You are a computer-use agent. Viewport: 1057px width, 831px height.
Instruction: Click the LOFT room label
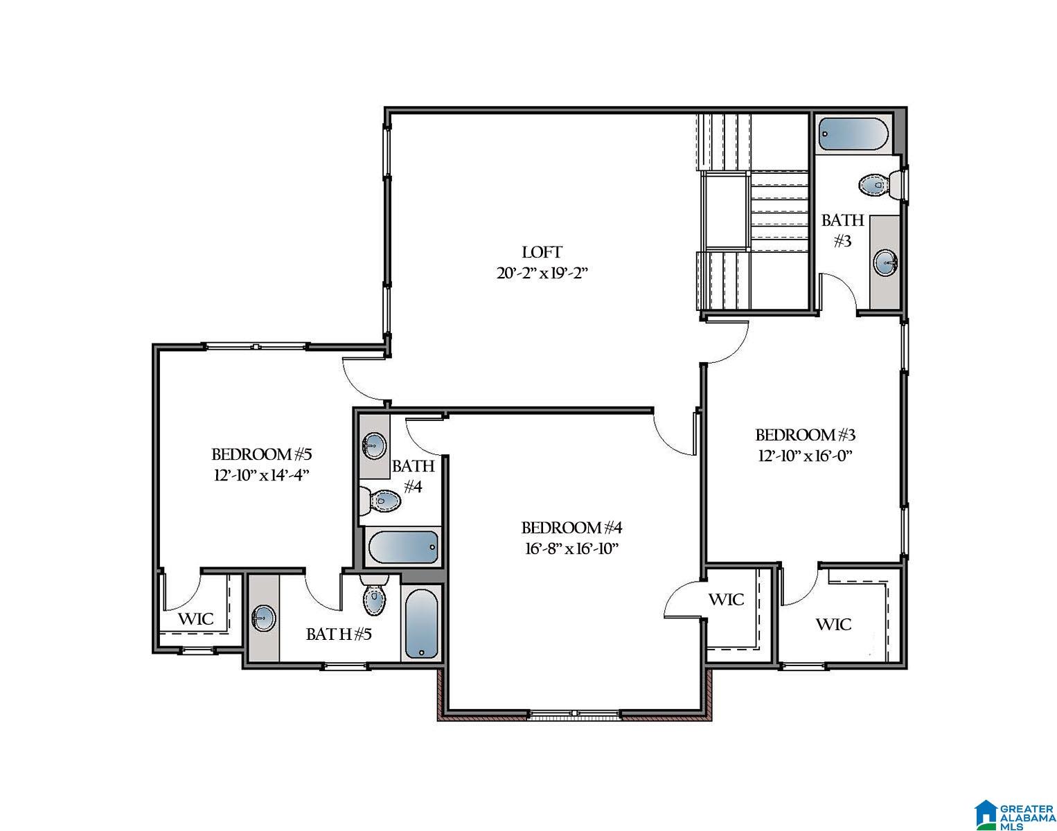pos(542,252)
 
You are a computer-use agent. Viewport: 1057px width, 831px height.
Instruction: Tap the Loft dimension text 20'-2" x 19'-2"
pos(542,273)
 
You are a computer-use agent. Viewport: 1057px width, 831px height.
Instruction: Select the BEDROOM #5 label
pos(262,455)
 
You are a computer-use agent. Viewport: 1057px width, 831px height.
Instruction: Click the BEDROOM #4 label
pos(571,528)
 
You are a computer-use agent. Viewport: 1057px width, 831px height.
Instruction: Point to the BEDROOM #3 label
pos(805,435)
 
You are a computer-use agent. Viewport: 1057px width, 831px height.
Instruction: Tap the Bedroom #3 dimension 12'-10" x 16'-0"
pos(805,456)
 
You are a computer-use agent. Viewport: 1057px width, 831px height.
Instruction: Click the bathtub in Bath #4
pos(403,548)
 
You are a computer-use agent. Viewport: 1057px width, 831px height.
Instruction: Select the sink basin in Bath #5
pos(263,618)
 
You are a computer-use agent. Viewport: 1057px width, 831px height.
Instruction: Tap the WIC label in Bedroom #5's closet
pos(196,618)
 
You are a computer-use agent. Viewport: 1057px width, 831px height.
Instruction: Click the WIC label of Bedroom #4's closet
pos(726,599)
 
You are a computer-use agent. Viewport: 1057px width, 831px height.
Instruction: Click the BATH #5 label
pos(339,634)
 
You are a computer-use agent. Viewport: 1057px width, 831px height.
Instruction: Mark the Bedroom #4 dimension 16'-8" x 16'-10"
pos(571,548)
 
